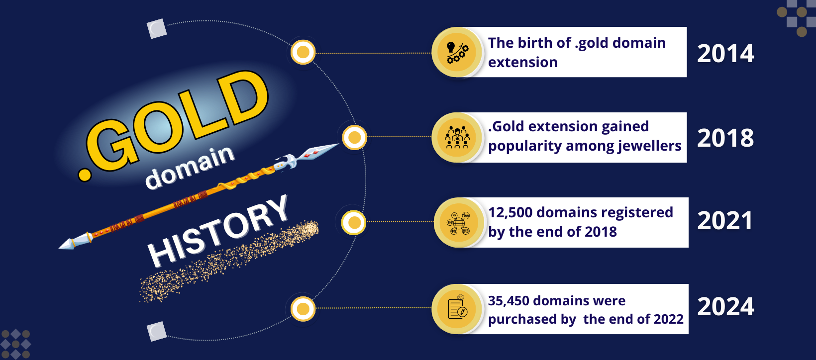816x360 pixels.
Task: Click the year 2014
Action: (725, 54)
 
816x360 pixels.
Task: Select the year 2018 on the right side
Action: (725, 138)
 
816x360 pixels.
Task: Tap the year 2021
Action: (725, 221)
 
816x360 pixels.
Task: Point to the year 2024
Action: (725, 306)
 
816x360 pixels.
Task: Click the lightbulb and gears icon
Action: (457, 52)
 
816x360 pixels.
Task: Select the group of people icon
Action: (457, 138)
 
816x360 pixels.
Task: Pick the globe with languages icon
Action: (458, 223)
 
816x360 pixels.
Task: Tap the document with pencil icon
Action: (458, 308)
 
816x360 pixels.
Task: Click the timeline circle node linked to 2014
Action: (303, 52)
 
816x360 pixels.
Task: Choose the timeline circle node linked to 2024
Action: (303, 309)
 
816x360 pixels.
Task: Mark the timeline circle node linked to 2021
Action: (354, 222)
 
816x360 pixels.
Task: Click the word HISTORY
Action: (218, 231)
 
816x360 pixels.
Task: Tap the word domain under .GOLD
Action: (190, 167)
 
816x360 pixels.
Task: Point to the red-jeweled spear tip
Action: (317, 152)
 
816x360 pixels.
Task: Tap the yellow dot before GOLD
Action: (85, 175)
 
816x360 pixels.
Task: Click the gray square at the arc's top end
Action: (157, 28)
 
